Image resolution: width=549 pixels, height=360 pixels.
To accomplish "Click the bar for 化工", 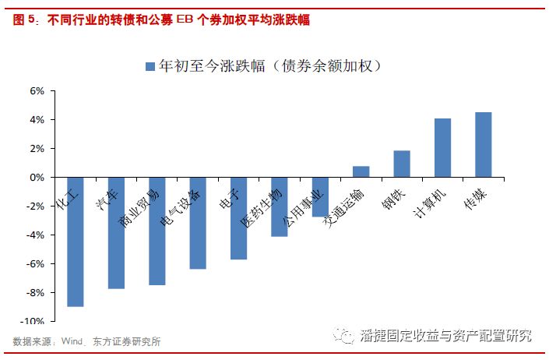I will pyautogui.click(x=76, y=242).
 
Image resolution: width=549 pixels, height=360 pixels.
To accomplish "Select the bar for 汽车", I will pyautogui.click(x=116, y=233).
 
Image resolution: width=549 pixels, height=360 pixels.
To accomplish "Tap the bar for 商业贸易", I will pyautogui.click(x=157, y=231).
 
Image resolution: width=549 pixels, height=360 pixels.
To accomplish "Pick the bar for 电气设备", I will pyautogui.click(x=198, y=223).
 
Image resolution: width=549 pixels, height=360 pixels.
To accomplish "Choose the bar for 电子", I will pyautogui.click(x=238, y=218).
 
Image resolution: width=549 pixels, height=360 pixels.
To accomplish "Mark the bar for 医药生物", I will pyautogui.click(x=280, y=206).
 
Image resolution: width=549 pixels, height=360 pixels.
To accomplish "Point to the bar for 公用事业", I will pyautogui.click(x=320, y=197).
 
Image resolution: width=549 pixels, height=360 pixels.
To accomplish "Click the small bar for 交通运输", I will pyautogui.click(x=361, y=172).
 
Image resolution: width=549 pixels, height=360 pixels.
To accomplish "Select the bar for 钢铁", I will pyautogui.click(x=402, y=164).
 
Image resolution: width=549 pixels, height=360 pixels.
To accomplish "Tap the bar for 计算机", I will pyautogui.click(x=442, y=148).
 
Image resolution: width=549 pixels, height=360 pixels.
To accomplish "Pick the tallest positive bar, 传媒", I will pyautogui.click(x=483, y=145).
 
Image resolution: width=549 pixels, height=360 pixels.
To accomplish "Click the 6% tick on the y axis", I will pyautogui.click(x=37, y=91).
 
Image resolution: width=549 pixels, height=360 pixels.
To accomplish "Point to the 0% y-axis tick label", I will pyautogui.click(x=37, y=178).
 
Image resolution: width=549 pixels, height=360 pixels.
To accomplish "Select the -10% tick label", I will pyautogui.click(x=34, y=321).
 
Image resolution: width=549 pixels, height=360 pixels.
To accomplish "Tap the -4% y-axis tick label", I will pyautogui.click(x=36, y=235).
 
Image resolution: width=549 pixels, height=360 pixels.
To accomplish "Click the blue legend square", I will pyautogui.click(x=150, y=67).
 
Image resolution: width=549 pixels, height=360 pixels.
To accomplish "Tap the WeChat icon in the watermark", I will pyautogui.click(x=342, y=337).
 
